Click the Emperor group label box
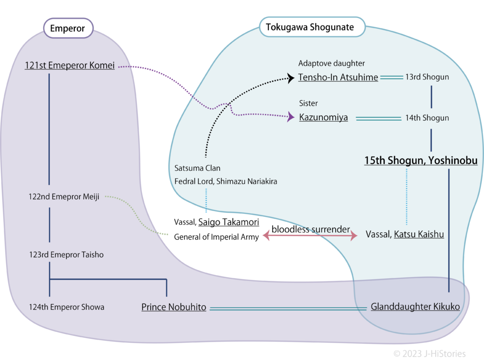point(68,28)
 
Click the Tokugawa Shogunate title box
point(310,27)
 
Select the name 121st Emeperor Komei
point(70,66)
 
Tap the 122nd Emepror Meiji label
point(64,197)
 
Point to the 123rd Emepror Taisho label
point(66,255)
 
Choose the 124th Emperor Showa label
point(66,307)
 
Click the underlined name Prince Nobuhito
point(173,307)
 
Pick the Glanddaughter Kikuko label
point(415,307)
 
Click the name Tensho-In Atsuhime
point(338,78)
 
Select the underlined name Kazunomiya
point(323,117)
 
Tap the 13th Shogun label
point(427,77)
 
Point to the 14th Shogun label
point(427,118)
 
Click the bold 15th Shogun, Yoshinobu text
point(421,161)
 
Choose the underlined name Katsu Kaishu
point(419,234)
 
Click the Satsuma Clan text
point(197,168)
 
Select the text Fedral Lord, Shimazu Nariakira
point(226,181)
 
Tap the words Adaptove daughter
point(331,63)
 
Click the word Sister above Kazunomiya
point(308,103)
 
